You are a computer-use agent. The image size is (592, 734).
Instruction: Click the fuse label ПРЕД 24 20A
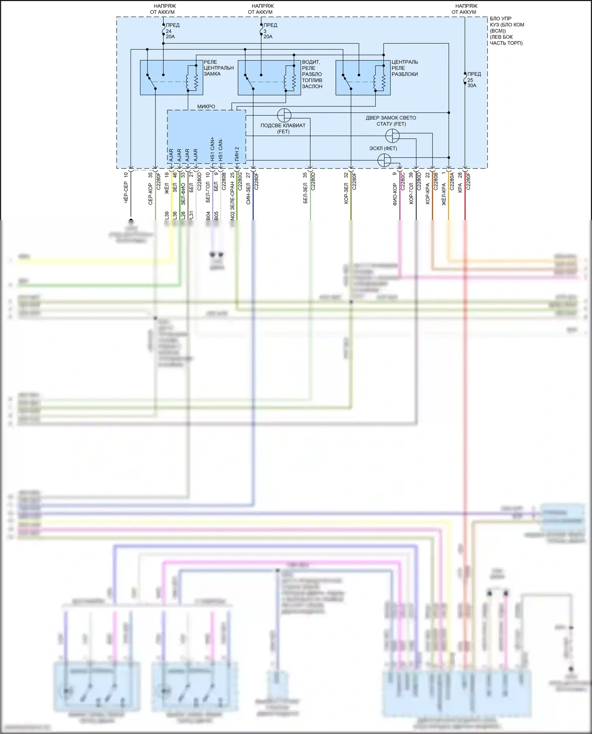pyautogui.click(x=172, y=31)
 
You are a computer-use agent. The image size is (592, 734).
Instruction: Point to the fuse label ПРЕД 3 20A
pyautogui.click(x=270, y=31)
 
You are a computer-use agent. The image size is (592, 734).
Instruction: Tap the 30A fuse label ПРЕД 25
pyautogui.click(x=474, y=80)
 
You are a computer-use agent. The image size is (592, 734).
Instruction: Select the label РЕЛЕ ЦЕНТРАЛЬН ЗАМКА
pyautogui.click(x=218, y=68)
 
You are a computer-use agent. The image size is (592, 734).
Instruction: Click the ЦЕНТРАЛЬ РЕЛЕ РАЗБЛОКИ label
pyautogui.click(x=405, y=68)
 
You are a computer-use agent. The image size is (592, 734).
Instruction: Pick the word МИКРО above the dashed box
pyautogui.click(x=206, y=106)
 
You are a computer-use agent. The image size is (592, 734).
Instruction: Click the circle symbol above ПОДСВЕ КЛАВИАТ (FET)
pyautogui.click(x=284, y=116)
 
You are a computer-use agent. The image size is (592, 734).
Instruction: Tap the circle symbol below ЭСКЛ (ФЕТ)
pyautogui.click(x=384, y=161)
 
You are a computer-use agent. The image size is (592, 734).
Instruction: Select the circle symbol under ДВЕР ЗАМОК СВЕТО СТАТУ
pyautogui.click(x=392, y=136)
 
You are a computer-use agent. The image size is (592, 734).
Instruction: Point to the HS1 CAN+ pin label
pyautogui.click(x=212, y=149)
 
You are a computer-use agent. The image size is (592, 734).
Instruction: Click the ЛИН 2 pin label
pyautogui.click(x=237, y=153)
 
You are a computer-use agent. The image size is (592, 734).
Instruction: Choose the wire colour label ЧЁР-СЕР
pyautogui.click(x=126, y=193)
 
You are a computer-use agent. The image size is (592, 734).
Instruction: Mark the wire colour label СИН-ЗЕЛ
pyautogui.click(x=248, y=193)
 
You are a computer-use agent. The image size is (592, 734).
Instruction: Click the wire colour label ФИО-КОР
pyautogui.click(x=395, y=194)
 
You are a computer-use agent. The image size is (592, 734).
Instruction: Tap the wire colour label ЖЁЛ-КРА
pyautogui.click(x=444, y=194)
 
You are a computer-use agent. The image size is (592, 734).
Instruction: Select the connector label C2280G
pyautogui.click(x=240, y=181)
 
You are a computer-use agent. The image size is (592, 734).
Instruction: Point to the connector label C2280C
pyautogui.click(x=403, y=181)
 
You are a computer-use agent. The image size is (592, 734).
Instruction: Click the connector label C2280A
pyautogui.click(x=452, y=181)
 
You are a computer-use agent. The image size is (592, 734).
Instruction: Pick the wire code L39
pyautogui.click(x=167, y=216)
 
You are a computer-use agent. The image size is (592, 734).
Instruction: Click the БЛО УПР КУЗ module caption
pyautogui.click(x=507, y=31)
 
